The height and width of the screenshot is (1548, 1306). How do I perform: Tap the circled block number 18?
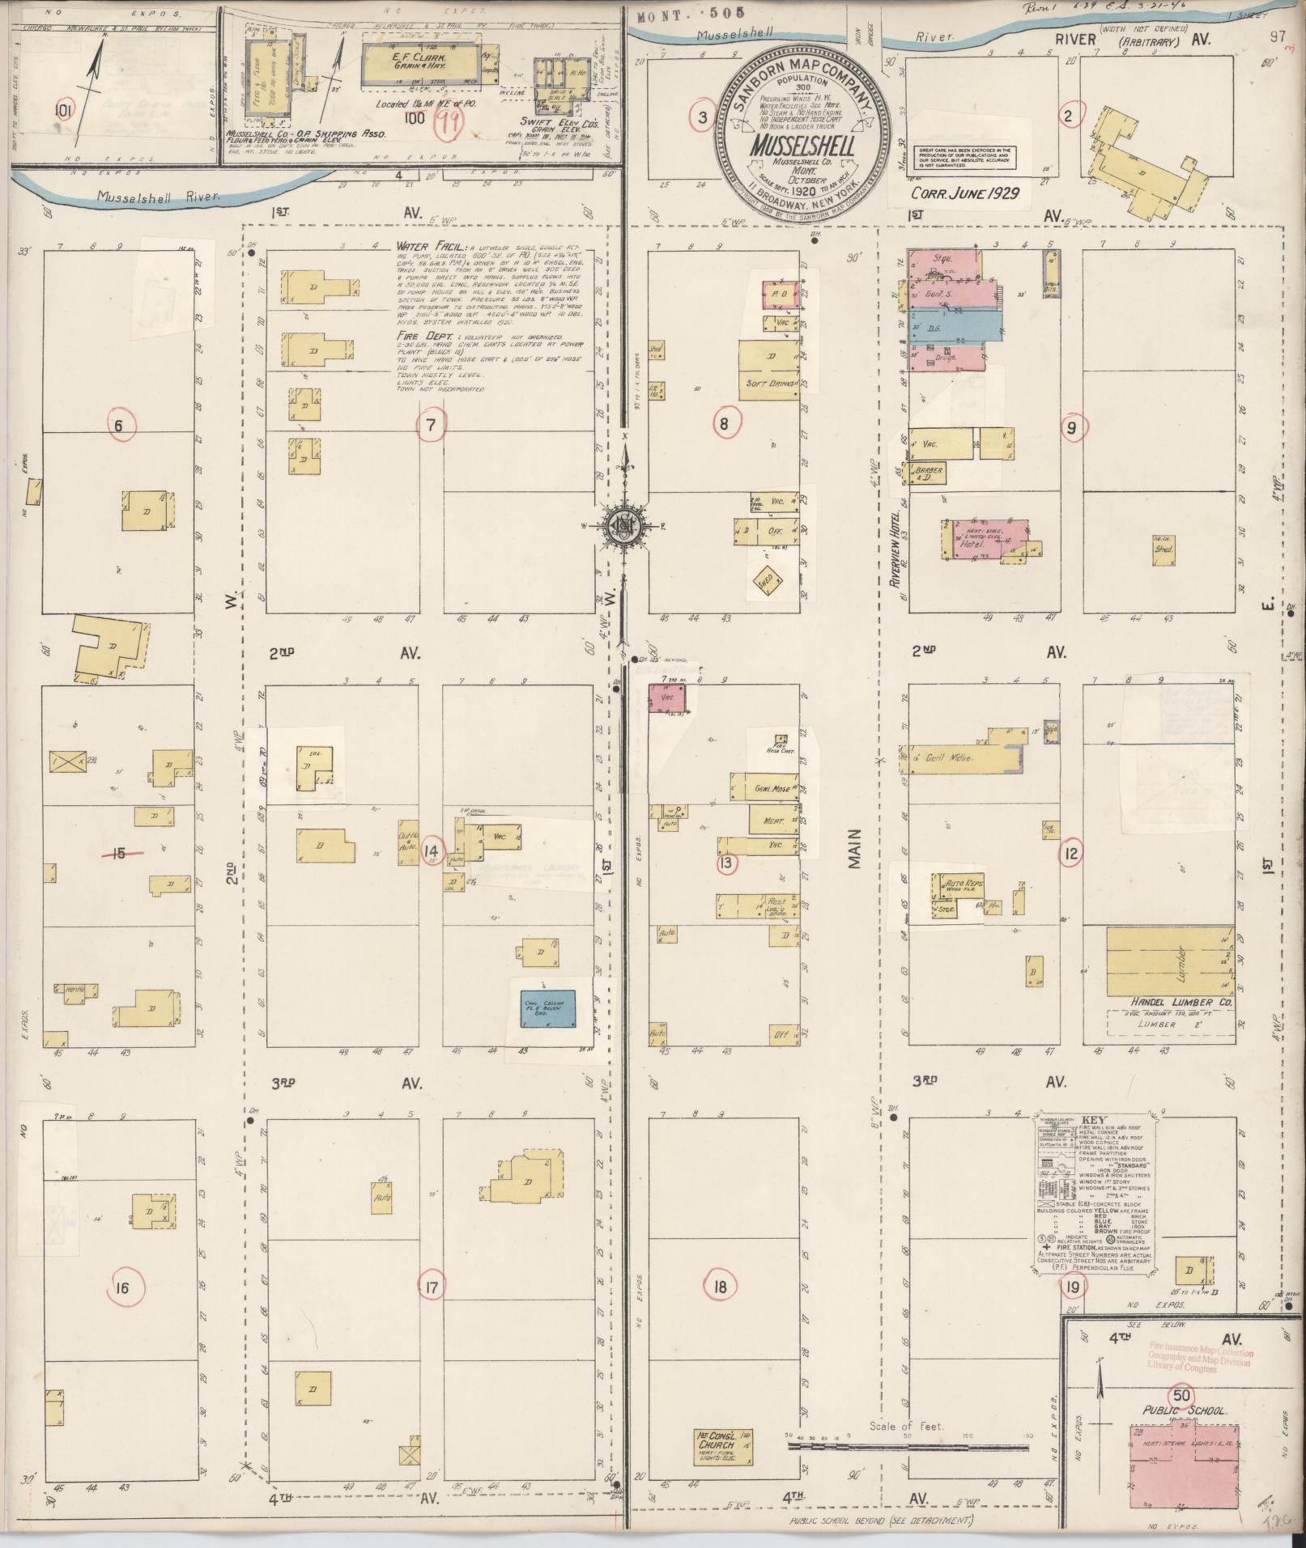[721, 1287]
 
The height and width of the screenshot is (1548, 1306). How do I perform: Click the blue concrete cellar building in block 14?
[547, 1008]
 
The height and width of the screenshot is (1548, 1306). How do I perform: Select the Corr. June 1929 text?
[964, 194]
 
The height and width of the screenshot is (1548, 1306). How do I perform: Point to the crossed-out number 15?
[120, 852]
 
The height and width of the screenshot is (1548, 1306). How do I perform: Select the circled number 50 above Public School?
[1181, 1395]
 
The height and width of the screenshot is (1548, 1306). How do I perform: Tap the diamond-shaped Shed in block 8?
[766, 579]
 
